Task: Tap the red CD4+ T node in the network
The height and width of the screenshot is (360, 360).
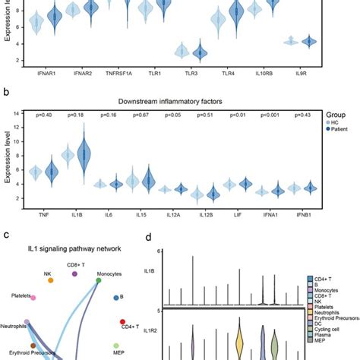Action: tap(123, 323)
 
